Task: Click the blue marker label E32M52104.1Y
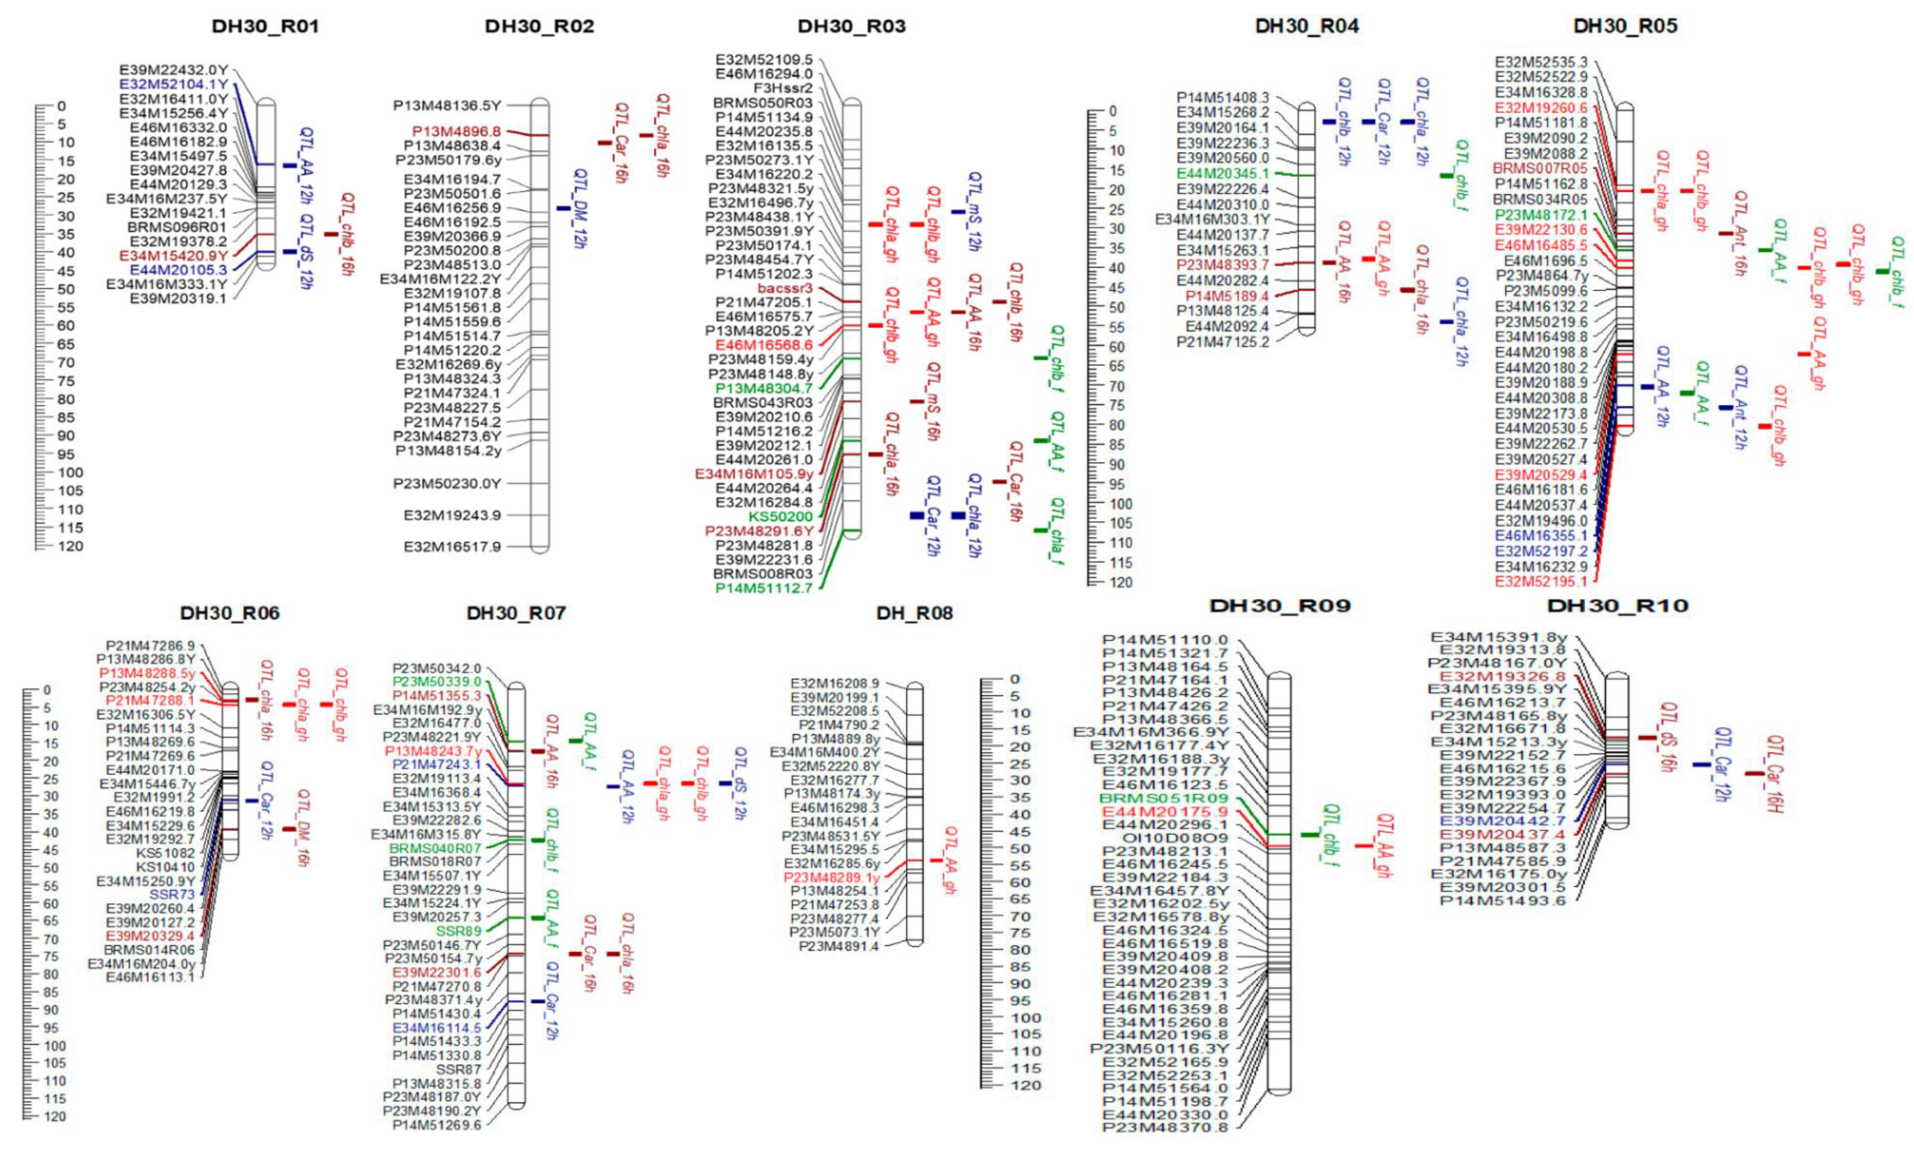(173, 84)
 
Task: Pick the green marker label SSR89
(459, 930)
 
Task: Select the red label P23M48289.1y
(832, 878)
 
